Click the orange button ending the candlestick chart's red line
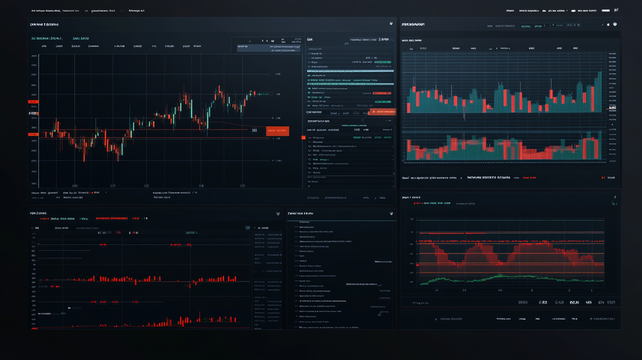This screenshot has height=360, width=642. click(277, 131)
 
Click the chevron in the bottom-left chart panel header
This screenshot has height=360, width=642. click(278, 213)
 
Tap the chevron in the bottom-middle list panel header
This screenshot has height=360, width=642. click(390, 213)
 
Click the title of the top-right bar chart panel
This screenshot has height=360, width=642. click(413, 24)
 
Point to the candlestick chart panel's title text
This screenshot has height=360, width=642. click(44, 24)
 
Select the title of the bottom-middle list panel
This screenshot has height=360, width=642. click(300, 213)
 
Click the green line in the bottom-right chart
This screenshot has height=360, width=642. click(508, 276)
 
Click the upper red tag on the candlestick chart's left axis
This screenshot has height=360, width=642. click(33, 101)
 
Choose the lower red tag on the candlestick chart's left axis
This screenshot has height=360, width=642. click(33, 136)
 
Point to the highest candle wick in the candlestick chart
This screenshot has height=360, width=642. click(219, 88)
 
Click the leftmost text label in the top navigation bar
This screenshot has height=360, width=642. click(47, 11)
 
